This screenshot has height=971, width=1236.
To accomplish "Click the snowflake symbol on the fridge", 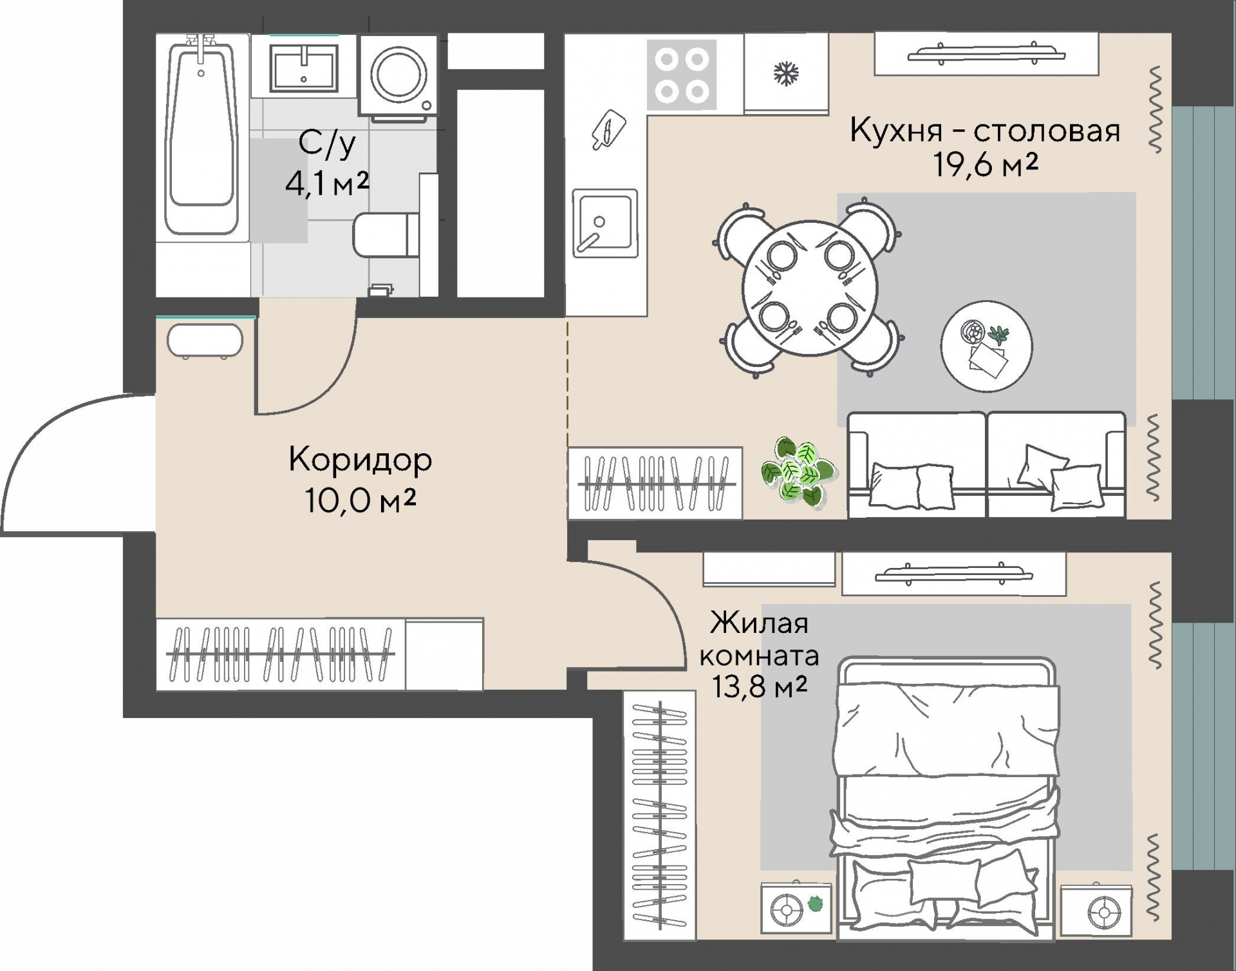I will coord(785,73).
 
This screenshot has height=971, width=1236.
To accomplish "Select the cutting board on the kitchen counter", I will coord(608,130).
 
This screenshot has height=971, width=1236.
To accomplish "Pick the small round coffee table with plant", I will coord(986,346).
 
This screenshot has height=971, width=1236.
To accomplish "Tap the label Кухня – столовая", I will coord(985,131).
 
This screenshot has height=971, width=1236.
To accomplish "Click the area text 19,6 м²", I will coord(986,166).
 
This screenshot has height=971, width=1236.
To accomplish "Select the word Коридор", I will coord(360,460).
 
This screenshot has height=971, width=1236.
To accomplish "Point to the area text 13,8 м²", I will coord(759,687).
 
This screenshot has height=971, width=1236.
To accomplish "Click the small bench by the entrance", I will coord(205,341).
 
